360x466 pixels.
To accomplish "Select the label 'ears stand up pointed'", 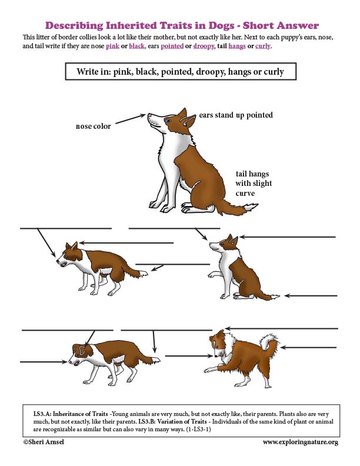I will pyautogui.click(x=236, y=115).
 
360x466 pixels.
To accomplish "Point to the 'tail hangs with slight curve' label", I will pyautogui.click(x=254, y=184).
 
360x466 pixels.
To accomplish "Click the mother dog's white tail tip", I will pyautogui.click(x=250, y=207).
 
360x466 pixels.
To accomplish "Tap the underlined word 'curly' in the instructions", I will pyautogui.click(x=262, y=46).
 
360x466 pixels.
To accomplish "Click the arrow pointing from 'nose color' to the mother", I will pyautogui.click(x=129, y=120).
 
